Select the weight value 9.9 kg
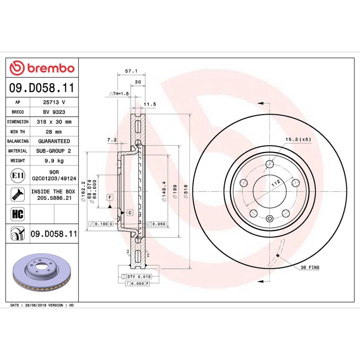tap(54, 161)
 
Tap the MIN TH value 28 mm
tap(54, 132)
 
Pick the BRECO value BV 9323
tap(54, 112)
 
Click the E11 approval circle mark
tap(18, 176)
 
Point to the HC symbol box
tap(18, 214)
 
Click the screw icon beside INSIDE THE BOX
tap(18, 195)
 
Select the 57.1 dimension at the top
tap(131, 71)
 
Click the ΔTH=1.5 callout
tap(119, 94)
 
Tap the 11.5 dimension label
tap(150, 104)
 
